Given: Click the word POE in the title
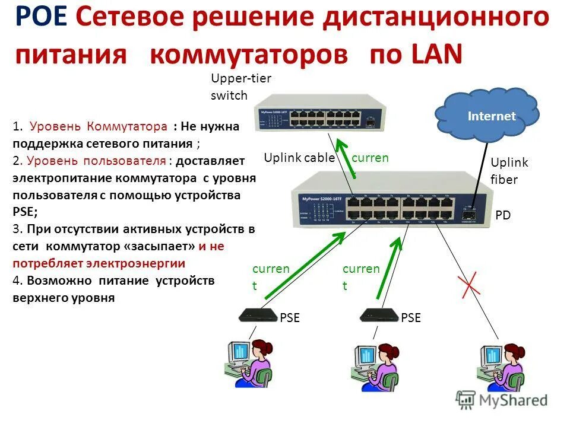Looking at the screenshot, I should [x=41, y=17].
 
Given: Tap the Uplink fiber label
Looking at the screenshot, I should [x=509, y=171].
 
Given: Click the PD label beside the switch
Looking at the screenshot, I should [x=503, y=215].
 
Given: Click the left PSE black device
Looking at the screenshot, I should [x=256, y=316].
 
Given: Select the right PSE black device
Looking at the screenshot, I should [x=378, y=316].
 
